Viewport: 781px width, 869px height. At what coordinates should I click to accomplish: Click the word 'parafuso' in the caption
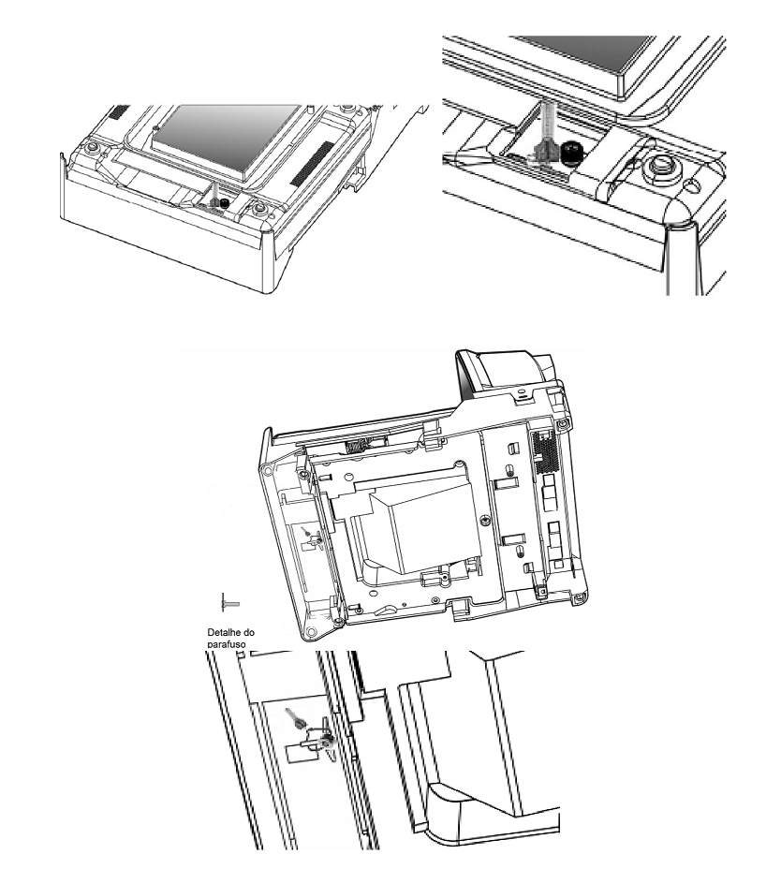tap(227, 644)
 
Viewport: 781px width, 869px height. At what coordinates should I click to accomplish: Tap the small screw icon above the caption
tap(230, 602)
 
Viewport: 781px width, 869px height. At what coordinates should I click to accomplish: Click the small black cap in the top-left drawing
tap(224, 204)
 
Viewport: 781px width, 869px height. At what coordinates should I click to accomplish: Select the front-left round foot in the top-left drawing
tap(92, 146)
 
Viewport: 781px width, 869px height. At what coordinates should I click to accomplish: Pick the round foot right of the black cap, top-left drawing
tap(258, 210)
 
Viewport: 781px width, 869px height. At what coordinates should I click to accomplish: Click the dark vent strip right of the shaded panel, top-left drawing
tap(313, 163)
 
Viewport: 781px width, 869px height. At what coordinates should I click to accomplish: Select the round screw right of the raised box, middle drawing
tap(486, 520)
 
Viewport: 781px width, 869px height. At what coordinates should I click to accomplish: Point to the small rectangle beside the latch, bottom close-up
tap(297, 753)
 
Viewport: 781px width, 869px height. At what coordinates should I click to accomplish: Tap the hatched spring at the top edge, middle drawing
tap(357, 444)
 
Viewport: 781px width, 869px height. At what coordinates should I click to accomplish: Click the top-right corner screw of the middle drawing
tap(563, 424)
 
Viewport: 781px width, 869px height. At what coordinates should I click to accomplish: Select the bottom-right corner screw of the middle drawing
tap(580, 597)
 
